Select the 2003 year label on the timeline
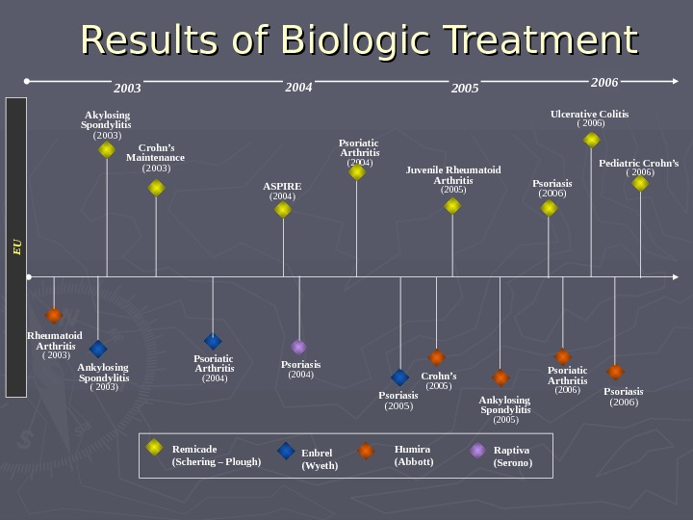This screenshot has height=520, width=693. point(127,89)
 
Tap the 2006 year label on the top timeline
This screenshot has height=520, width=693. point(604,83)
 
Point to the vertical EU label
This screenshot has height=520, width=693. point(16,247)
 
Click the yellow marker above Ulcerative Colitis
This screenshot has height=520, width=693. point(592,140)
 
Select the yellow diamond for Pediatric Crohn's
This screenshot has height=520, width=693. point(640,183)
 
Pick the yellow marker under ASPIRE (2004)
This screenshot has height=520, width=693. point(283,209)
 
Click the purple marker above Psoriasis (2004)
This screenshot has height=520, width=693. point(299,347)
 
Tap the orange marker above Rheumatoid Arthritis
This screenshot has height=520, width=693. point(54,315)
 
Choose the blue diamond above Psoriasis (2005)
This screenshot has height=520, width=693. point(400,377)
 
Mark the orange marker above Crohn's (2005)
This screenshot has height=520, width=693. point(437,357)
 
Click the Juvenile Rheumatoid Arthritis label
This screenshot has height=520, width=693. point(453,175)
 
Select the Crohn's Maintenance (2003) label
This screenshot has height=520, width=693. point(155,158)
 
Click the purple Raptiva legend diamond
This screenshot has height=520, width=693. point(477,450)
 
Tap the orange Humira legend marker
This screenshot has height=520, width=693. point(366,450)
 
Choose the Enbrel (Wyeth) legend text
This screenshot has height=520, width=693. point(320,459)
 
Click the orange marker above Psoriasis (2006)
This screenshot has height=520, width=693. point(615,372)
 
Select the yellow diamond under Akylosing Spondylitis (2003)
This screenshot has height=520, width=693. point(107,150)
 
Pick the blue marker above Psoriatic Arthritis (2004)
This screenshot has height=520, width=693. point(213,341)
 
